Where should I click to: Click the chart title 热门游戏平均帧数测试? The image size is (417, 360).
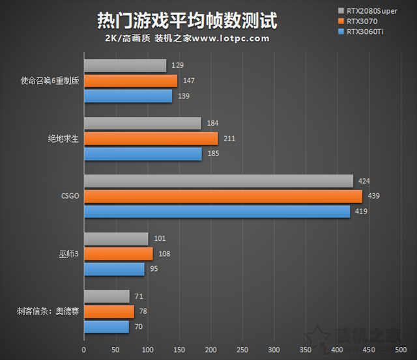coord(186,20)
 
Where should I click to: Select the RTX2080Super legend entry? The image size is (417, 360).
coord(372,11)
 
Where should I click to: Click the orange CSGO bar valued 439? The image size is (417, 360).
coord(222,196)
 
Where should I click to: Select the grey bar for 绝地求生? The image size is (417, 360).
coord(142,123)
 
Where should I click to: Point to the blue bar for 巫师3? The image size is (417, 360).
coord(114,268)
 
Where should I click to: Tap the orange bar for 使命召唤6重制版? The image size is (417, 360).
coord(130,81)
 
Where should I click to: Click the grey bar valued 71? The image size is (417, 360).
coord(106,296)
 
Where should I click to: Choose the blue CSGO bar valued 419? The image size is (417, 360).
coord(216,212)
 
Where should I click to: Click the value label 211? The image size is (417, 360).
coord(229,139)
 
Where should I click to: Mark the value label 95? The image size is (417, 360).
coord(154,268)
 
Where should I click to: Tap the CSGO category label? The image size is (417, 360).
coord(69,195)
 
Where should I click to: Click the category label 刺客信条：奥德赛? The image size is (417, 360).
coord(46,311)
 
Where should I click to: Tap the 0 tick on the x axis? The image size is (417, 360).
coord(83,350)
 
